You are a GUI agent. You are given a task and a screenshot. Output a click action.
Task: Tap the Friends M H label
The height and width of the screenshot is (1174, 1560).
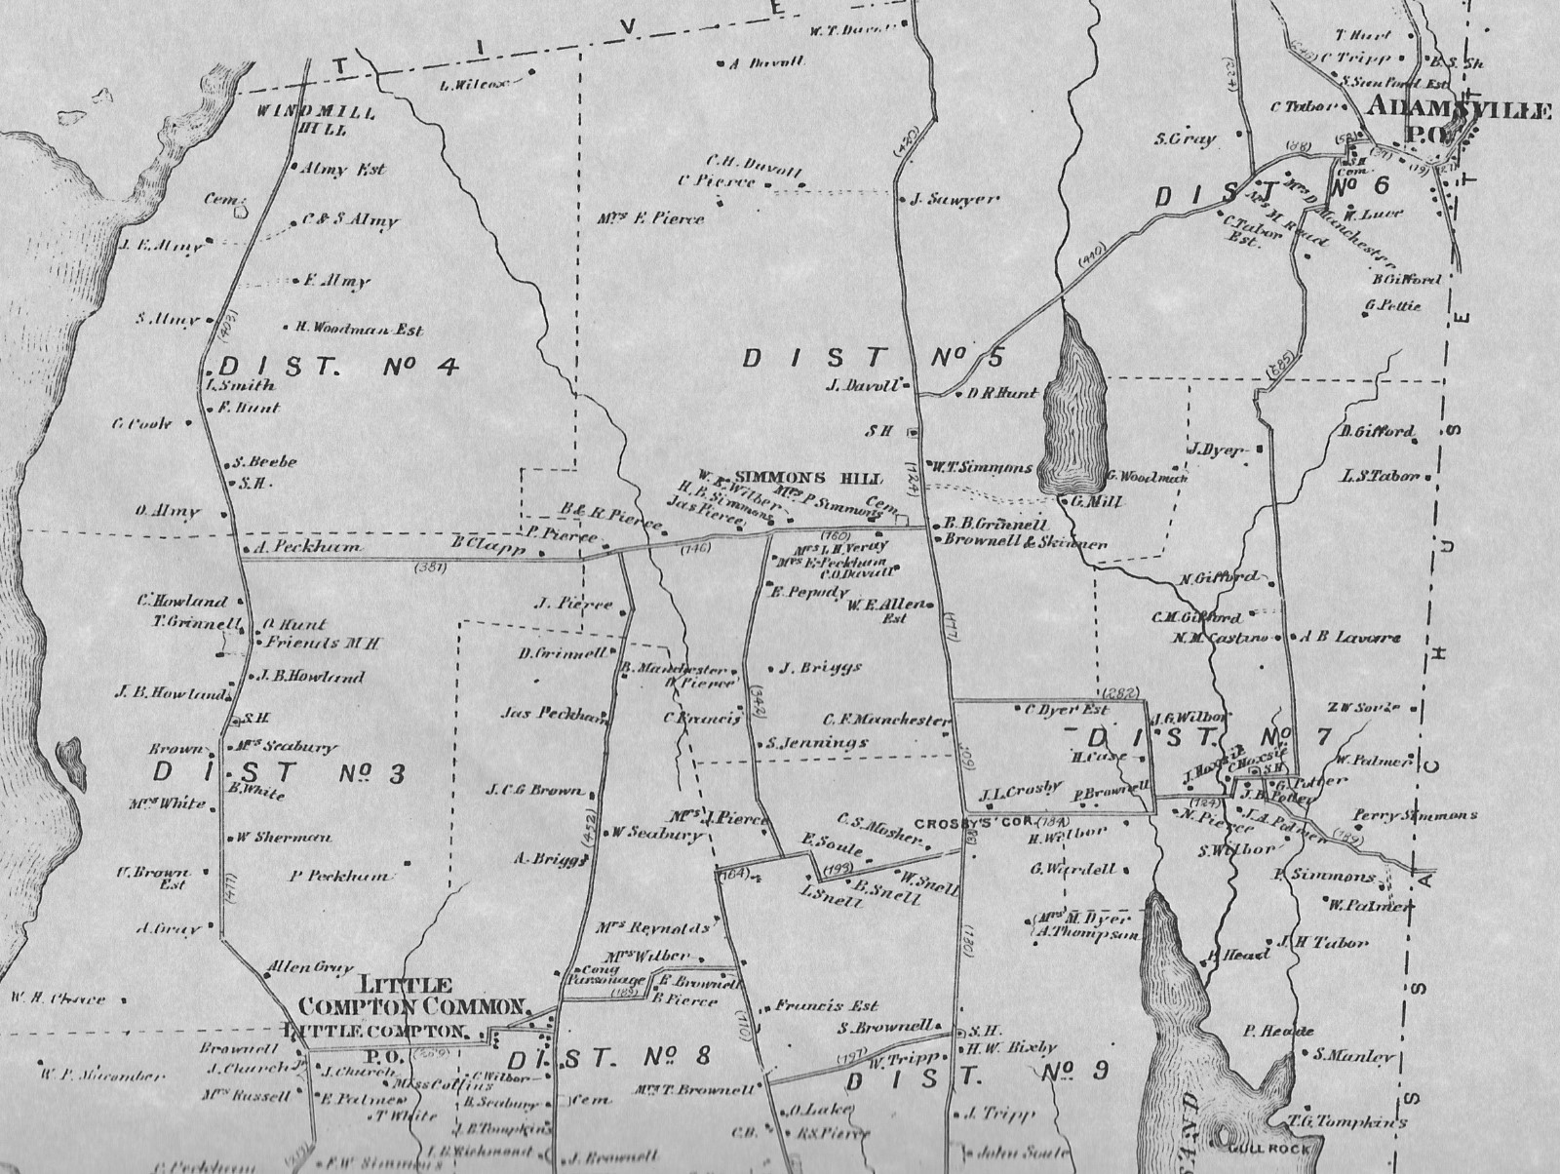322,643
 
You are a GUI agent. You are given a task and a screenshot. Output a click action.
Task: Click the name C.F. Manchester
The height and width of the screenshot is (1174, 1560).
885,721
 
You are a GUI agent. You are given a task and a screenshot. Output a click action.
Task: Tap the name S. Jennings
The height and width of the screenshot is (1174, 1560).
816,742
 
